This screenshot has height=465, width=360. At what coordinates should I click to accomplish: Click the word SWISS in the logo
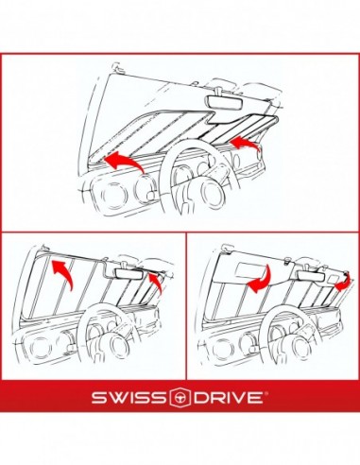tap(129, 398)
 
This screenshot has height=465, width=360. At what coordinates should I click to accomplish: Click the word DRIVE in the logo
tap(229, 398)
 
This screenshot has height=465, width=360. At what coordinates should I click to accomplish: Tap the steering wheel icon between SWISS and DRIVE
tap(180, 397)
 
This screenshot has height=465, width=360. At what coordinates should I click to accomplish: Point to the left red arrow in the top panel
tap(124, 161)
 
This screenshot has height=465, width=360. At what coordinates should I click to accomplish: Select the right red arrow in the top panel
tap(245, 144)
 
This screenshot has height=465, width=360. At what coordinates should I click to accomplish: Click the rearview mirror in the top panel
tap(225, 102)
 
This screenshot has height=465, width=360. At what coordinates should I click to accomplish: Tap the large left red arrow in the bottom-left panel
tap(63, 271)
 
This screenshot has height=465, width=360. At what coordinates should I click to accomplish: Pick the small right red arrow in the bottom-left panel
tap(155, 283)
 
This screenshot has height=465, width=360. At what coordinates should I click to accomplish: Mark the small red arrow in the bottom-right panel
tap(343, 282)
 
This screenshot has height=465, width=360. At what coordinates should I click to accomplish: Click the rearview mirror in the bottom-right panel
tap(311, 276)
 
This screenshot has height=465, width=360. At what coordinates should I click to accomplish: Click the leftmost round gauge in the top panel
tap(111, 195)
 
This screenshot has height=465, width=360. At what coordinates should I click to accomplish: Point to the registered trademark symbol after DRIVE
tap(266, 393)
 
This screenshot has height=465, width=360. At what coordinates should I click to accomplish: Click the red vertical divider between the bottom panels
tap(186, 306)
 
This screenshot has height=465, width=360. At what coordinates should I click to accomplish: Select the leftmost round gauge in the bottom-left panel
tap(41, 347)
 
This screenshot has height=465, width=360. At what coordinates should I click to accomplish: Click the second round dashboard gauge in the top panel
tap(146, 187)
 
